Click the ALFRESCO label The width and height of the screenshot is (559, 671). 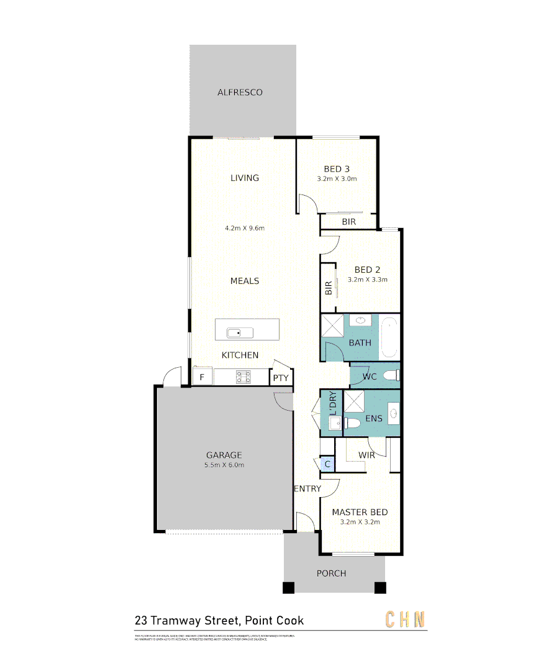click(240, 93)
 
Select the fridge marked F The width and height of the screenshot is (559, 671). click(201, 377)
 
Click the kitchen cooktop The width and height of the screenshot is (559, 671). click(243, 377)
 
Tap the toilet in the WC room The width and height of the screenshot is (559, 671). click(392, 375)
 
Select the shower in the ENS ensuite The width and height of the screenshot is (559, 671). click(354, 402)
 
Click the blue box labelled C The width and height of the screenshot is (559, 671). click(327, 463)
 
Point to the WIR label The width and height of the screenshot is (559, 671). click(366, 455)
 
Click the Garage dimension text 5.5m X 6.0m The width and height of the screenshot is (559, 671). click(224, 465)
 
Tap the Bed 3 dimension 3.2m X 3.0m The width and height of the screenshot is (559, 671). click(337, 178)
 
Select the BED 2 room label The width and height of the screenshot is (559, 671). click(367, 270)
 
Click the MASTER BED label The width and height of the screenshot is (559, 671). click(360, 512)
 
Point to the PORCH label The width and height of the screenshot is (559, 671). click(331, 573)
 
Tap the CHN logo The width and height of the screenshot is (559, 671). click(406, 619)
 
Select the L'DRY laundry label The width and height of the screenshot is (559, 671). click(333, 404)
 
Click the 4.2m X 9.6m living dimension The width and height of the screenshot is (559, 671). click(245, 228)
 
